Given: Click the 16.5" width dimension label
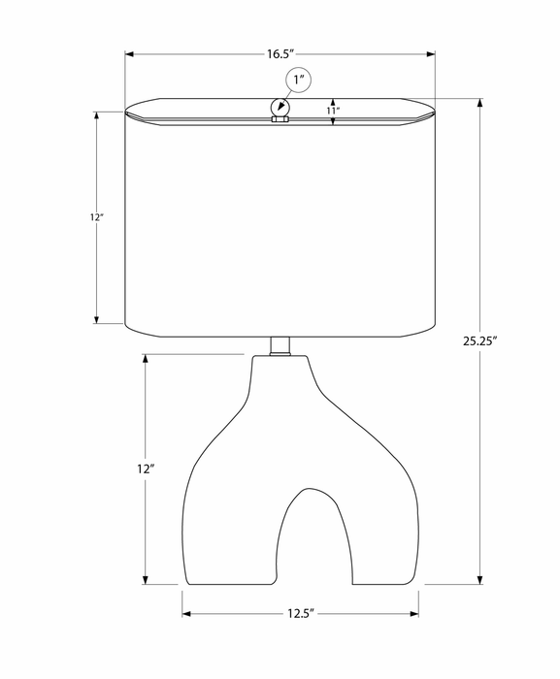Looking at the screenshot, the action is (x=280, y=54).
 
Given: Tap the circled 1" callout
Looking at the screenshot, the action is (x=299, y=81).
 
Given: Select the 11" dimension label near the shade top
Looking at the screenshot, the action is (x=333, y=111).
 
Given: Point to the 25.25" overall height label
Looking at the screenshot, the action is (x=478, y=341).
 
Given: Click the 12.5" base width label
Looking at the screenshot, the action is (x=300, y=614).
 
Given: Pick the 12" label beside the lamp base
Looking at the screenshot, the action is (x=146, y=469).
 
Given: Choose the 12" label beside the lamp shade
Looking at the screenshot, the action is (x=97, y=217).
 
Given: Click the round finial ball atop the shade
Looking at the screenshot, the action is (x=280, y=107).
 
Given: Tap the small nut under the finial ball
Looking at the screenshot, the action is (x=280, y=119).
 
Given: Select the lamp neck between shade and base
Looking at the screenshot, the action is (x=280, y=346).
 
